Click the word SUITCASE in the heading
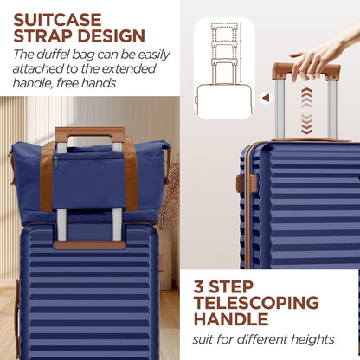tap(57, 18)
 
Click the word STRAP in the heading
tap(47, 36)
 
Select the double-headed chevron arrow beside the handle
tap(305, 113)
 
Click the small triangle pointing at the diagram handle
tap(266, 98)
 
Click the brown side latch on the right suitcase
tap(240, 183)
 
